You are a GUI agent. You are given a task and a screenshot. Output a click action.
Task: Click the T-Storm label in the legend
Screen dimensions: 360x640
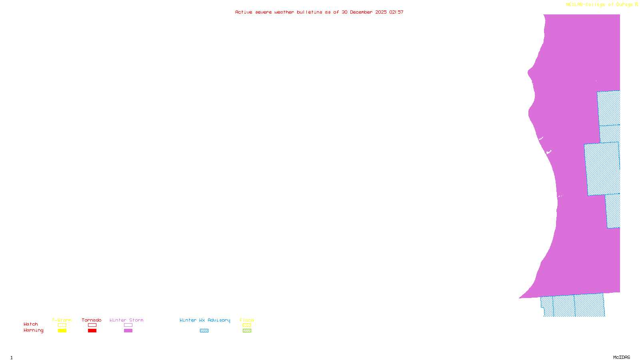pyautogui.click(x=62, y=320)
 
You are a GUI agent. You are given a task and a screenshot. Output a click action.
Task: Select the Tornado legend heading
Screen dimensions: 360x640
pyautogui.click(x=92, y=320)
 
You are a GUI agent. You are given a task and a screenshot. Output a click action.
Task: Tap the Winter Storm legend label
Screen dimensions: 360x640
pyautogui.click(x=126, y=320)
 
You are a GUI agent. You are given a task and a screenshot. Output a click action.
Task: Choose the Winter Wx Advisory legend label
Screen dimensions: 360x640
pyautogui.click(x=205, y=320)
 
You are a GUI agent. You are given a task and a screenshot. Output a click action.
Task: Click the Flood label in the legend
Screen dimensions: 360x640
pyautogui.click(x=247, y=320)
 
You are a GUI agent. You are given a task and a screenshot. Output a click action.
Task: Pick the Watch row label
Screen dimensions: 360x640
pyautogui.click(x=31, y=324)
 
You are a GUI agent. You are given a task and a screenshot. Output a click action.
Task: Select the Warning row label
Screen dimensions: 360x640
pyautogui.click(x=34, y=330)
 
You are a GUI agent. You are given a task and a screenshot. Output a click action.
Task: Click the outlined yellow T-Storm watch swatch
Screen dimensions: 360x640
pyautogui.click(x=62, y=325)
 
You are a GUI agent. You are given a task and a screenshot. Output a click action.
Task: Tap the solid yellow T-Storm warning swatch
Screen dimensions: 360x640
pyautogui.click(x=62, y=331)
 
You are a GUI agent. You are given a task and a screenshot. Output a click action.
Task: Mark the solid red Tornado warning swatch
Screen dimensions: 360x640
pyautogui.click(x=92, y=331)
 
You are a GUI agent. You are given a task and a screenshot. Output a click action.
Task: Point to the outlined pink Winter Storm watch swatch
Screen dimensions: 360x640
pyautogui.click(x=128, y=325)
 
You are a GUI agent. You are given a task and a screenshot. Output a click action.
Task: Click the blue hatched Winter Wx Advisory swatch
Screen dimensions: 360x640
pyautogui.click(x=204, y=331)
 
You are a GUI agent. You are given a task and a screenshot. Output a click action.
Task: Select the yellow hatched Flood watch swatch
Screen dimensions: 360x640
pyautogui.click(x=247, y=325)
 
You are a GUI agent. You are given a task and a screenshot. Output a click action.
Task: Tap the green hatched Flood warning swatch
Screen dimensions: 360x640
pyautogui.click(x=247, y=331)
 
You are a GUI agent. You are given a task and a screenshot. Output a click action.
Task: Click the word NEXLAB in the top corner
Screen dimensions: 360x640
pyautogui.click(x=574, y=5)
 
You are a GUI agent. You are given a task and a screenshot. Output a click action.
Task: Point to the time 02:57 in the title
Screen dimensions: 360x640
pyautogui.click(x=396, y=12)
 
